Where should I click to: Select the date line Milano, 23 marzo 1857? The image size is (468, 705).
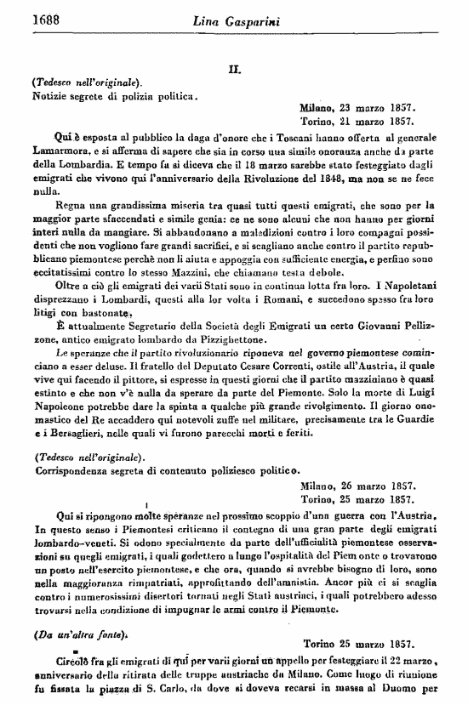coord(357,109)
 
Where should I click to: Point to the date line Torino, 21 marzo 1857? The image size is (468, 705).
coord(357,122)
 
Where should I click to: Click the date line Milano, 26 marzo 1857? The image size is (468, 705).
coord(357,486)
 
